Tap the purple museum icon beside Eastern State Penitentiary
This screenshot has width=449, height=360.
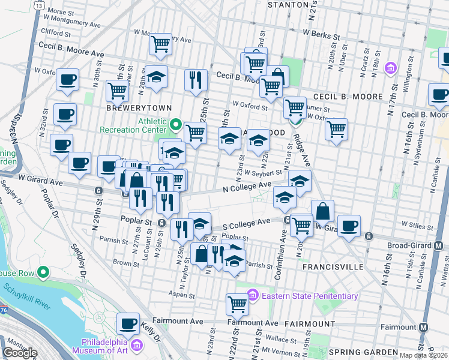[253, 296]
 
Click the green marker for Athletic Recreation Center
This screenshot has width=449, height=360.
[176, 125]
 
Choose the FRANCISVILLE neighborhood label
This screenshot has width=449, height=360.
[333, 266]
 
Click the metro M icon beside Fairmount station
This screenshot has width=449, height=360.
[424, 327]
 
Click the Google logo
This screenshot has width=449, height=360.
[20, 353]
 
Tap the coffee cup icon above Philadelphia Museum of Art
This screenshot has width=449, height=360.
[128, 324]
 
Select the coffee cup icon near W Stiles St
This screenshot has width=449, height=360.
[349, 226]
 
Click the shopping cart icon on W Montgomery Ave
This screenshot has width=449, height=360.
[160, 44]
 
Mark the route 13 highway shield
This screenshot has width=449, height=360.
[39, 5]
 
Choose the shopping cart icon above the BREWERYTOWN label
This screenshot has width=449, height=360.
[117, 90]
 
